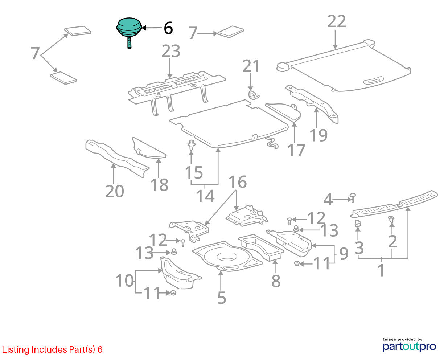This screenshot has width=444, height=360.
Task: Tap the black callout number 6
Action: [x=168, y=28]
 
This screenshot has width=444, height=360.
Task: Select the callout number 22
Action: [x=336, y=21]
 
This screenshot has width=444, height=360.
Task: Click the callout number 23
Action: [x=171, y=51]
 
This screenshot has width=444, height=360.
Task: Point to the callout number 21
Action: [x=251, y=66]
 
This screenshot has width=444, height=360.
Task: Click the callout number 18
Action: [x=159, y=185]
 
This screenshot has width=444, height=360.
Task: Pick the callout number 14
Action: [x=205, y=196]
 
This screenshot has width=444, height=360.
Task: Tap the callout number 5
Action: [x=222, y=298]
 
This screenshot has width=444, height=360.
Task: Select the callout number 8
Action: [x=276, y=281]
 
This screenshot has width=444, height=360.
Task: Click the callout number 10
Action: [x=125, y=281]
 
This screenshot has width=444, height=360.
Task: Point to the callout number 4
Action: [x=328, y=199]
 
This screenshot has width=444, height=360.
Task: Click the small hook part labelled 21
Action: [x=254, y=95]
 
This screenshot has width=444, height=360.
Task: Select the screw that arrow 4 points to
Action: [x=353, y=198]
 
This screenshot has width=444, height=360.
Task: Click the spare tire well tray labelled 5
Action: [x=227, y=257]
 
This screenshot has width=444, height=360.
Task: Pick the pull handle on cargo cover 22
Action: [x=373, y=81]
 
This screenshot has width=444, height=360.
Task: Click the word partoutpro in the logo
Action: [x=409, y=347]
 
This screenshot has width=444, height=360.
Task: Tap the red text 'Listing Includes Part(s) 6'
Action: [x=52, y=350]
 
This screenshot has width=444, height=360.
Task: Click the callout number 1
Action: [x=381, y=270]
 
